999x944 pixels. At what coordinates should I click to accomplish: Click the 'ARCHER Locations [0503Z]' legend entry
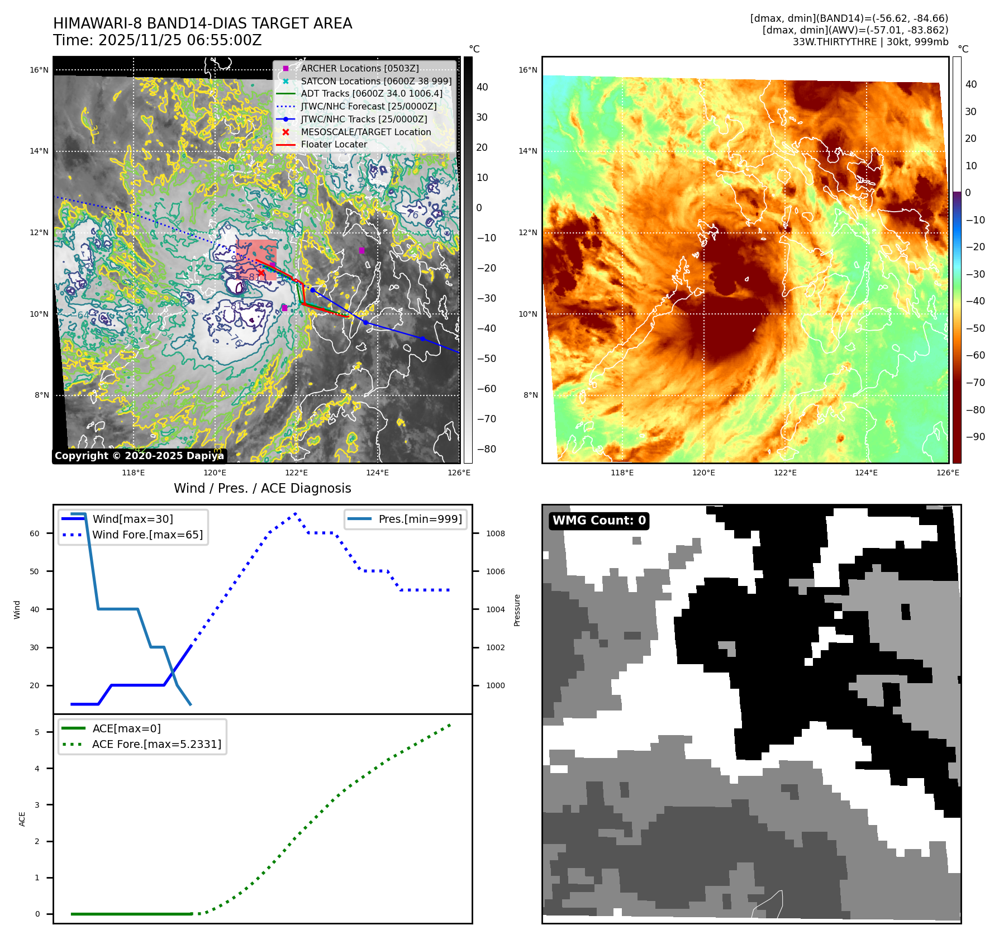click(359, 68)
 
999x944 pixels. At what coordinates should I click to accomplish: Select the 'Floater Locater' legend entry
click(334, 144)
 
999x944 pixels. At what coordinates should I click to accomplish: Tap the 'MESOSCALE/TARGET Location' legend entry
click(365, 132)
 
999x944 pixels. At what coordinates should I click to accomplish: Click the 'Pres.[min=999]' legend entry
click(420, 519)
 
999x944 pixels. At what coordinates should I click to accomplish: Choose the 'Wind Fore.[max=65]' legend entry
click(148, 535)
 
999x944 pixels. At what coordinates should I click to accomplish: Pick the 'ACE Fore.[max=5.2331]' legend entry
click(156, 744)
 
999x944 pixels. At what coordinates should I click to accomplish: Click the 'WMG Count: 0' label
click(599, 521)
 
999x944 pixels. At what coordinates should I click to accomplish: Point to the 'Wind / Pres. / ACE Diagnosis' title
click(263, 488)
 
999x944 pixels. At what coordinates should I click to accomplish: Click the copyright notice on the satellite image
click(139, 456)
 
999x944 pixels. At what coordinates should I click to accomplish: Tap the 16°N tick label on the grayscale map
click(39, 70)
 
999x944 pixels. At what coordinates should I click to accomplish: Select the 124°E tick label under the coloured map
click(866, 473)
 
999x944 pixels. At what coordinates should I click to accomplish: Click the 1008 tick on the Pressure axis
click(495, 533)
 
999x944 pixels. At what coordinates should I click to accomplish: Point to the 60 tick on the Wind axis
click(35, 533)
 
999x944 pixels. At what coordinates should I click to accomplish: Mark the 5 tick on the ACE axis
click(37, 732)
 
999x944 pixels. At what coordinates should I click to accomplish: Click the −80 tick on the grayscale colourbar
click(486, 449)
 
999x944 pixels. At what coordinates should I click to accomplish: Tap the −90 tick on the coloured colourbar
click(975, 437)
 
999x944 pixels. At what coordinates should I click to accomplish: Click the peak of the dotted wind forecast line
click(295, 513)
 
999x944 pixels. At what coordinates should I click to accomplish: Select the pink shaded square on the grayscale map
click(256, 260)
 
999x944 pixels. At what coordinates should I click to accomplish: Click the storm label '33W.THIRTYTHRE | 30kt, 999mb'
click(870, 42)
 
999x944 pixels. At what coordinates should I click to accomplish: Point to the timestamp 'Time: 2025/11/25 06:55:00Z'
click(157, 40)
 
